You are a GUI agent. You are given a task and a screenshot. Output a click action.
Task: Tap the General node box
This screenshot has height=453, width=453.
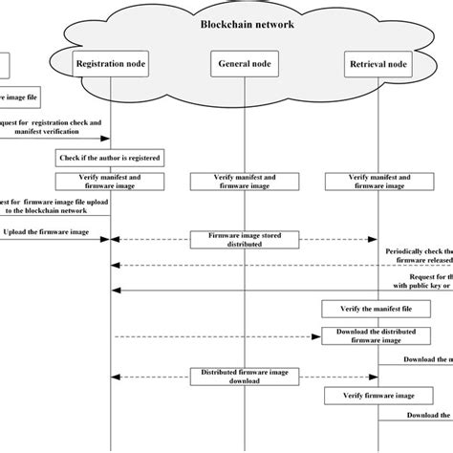tap(247, 64)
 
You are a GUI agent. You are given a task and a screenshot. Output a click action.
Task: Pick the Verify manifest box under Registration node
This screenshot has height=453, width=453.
tap(112, 182)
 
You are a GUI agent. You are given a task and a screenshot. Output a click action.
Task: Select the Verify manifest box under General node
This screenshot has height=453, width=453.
tap(247, 182)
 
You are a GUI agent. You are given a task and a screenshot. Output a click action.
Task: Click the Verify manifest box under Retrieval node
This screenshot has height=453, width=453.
tap(379, 182)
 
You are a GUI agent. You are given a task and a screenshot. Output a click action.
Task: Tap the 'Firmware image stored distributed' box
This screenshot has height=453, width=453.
tap(247, 239)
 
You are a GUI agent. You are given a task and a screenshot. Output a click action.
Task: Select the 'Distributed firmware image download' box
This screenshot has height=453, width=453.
tap(247, 377)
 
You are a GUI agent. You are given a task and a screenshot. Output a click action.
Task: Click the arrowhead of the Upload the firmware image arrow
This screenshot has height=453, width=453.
tap(106, 239)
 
